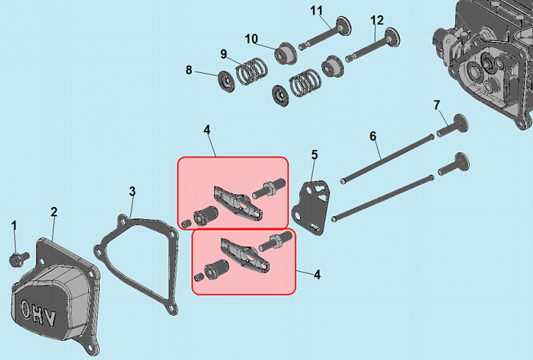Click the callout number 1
14,226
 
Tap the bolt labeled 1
18,259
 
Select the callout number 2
54,212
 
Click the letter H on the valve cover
37,314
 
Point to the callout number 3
132,192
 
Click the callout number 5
314,155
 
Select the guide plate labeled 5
311,207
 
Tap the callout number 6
373,136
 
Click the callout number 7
437,105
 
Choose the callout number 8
189,70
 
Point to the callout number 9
223,54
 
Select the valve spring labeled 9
251,71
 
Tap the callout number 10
251,39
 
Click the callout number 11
316,11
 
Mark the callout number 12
377,21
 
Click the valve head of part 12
393,37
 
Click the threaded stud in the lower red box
276,241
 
